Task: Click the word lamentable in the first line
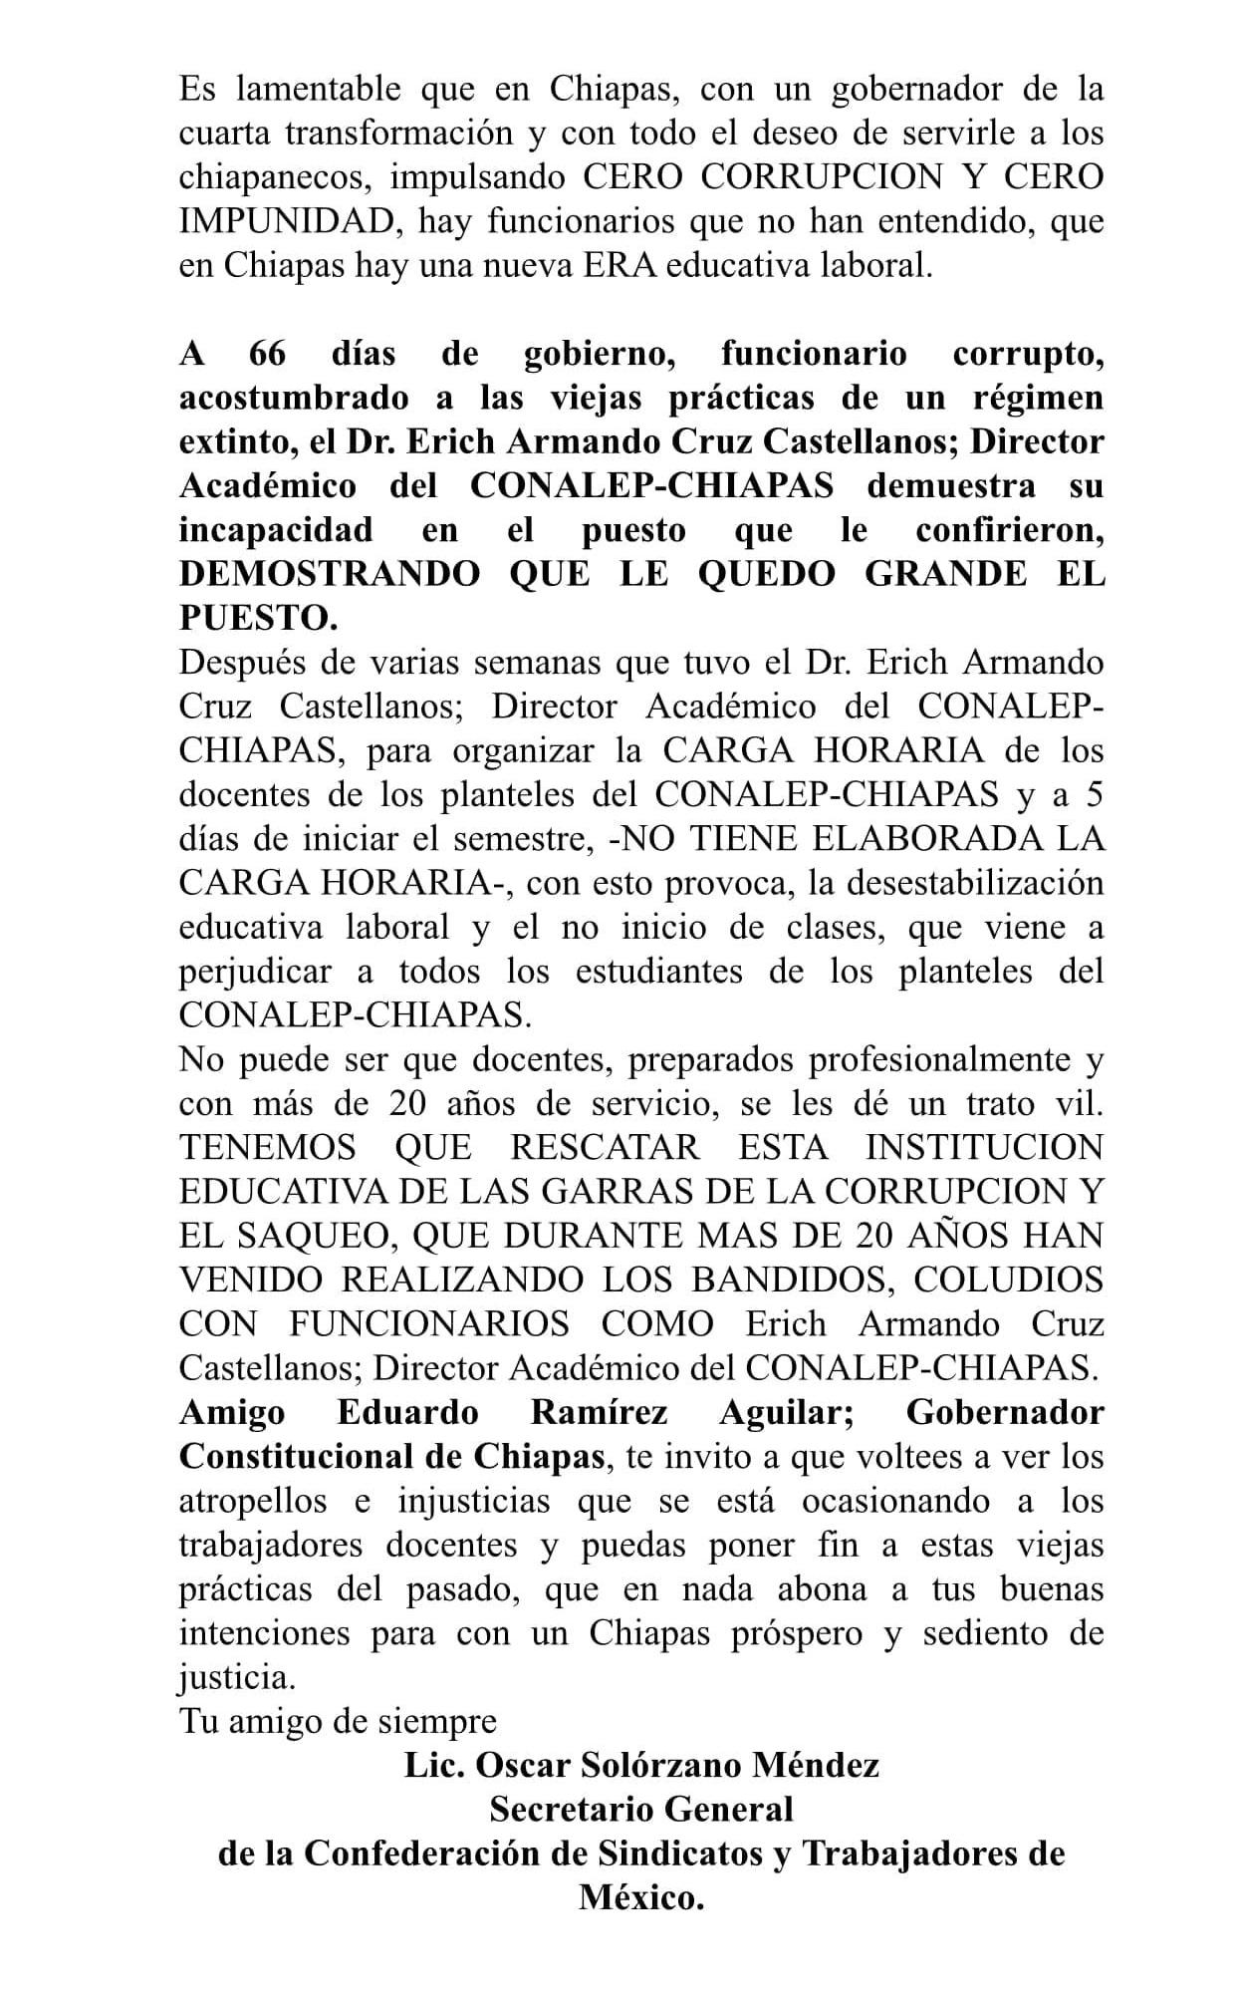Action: (x=318, y=90)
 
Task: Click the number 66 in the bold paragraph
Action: (x=267, y=354)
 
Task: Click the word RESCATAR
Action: (x=605, y=1147)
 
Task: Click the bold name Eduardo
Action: (x=407, y=1412)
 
